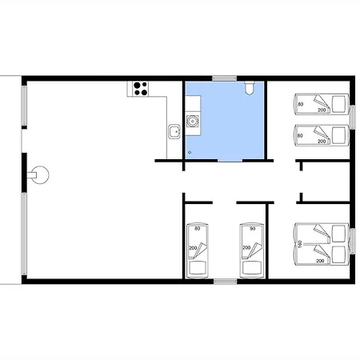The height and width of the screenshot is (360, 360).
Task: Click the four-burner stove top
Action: tap(141, 89)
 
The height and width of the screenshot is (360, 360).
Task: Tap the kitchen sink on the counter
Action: tap(174, 131)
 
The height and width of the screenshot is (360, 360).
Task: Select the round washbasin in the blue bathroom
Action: tap(192, 122)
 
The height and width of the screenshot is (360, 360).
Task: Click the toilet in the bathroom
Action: tap(250, 88)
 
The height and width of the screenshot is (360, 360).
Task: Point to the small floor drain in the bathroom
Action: tap(190, 152)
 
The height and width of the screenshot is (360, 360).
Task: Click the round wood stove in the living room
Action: tap(38, 175)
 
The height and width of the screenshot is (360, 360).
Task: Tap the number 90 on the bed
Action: tap(253, 229)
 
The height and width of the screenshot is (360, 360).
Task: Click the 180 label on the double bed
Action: tap(300, 244)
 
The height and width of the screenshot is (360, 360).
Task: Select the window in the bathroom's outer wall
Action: tap(224, 78)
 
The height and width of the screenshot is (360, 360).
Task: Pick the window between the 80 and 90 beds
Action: tap(226, 282)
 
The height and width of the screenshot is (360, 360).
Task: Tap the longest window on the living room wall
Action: tap(24, 234)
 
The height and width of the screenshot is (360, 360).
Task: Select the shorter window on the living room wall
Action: tap(24, 106)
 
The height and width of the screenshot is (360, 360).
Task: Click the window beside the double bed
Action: tap(353, 242)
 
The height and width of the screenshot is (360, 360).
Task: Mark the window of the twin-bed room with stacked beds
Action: tap(353, 118)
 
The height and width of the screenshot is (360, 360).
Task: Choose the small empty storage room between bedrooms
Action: tap(326, 182)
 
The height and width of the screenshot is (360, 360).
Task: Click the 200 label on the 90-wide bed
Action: tap(246, 248)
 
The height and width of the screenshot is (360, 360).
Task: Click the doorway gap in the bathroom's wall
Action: tap(230, 161)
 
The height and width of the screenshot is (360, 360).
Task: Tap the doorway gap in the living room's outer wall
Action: tap(24, 141)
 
